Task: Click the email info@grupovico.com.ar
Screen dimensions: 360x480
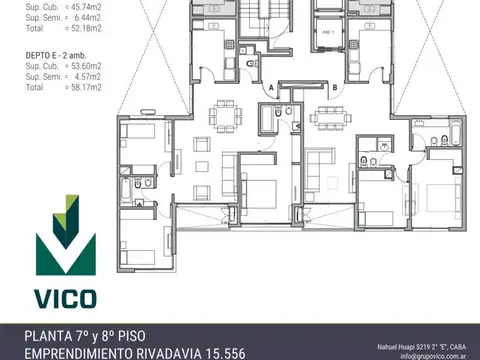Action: [437, 355]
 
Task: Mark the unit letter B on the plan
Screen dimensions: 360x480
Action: [333, 87]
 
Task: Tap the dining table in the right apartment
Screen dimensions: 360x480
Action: [326, 115]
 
